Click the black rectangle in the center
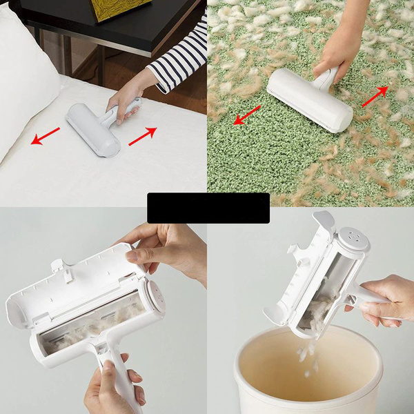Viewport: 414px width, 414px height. (x=208, y=208)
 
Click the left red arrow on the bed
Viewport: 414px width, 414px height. (x=46, y=137)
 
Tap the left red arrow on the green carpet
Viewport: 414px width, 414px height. (x=247, y=115)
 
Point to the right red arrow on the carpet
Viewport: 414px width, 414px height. (x=375, y=97)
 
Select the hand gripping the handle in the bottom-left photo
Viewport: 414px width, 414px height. (x=110, y=386)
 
